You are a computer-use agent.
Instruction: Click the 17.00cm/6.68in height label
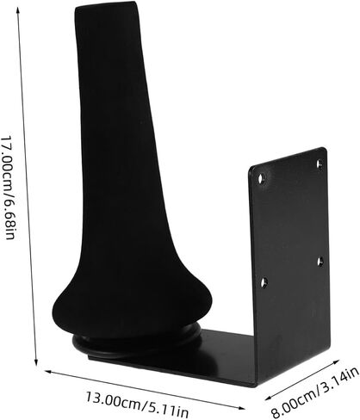coord(8,188)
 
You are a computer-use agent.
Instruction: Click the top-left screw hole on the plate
coord(261,179)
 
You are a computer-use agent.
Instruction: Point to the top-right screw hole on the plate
coord(320,164)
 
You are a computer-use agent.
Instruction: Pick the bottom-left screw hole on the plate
coord(264,282)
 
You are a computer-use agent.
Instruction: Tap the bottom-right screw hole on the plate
coord(320,261)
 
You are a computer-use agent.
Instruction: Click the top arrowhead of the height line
coord(18,11)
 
